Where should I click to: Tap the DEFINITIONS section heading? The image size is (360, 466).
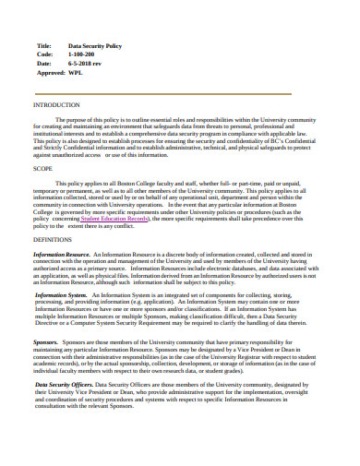52,238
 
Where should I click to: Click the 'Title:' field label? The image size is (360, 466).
44,45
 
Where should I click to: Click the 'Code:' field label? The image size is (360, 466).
44,54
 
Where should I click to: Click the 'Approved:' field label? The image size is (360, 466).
50,71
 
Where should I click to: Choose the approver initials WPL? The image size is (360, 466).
80,71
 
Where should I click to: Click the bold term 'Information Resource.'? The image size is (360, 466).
62,254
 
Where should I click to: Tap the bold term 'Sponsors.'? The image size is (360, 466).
46,341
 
